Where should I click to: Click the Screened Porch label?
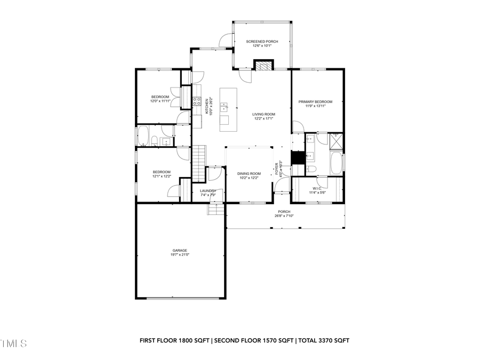tap(262, 41)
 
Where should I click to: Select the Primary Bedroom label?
tap(315, 101)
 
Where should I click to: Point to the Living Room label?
tap(263, 114)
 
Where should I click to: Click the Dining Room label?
tap(249, 173)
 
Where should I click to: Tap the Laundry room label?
tap(208, 190)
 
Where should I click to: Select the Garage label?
tap(179, 250)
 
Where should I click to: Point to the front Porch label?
tap(284, 211)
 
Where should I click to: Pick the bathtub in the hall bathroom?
tap(143, 136)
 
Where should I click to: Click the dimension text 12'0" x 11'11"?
tap(160, 101)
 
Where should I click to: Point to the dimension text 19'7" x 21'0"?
tap(179, 254)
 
